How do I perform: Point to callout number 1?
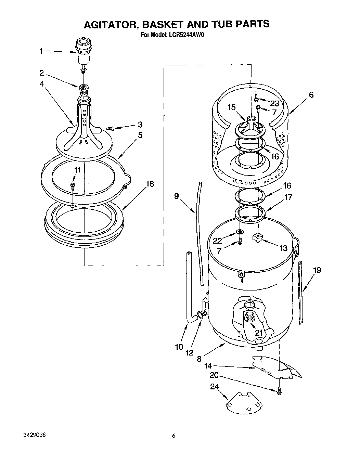pyautogui.click(x=41, y=51)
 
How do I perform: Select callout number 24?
pyautogui.click(x=214, y=386)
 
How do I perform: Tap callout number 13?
pyautogui.click(x=284, y=248)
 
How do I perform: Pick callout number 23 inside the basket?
pyautogui.click(x=274, y=103)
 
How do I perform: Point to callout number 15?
pyautogui.click(x=232, y=107)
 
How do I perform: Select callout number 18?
pyautogui.click(x=150, y=184)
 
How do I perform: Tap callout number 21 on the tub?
pyautogui.click(x=259, y=332)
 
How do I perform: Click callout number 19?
pyautogui.click(x=317, y=270)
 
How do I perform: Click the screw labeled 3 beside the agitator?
pyautogui.click(x=111, y=128)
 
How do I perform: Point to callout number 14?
pyautogui.click(x=208, y=366)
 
